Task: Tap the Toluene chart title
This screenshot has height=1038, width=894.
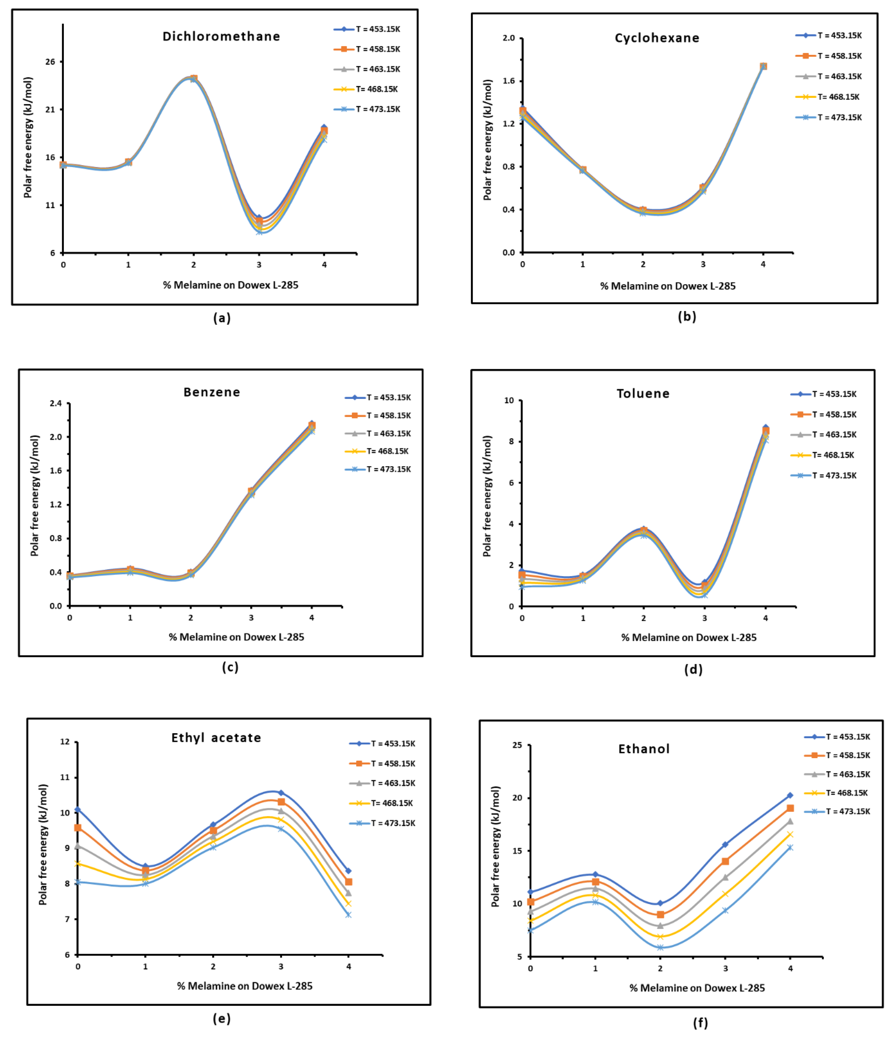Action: click(643, 394)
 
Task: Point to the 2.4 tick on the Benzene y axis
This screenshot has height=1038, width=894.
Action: click(56, 403)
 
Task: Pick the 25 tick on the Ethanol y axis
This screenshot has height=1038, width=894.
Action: click(517, 745)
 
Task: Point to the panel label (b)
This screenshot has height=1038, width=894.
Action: click(687, 317)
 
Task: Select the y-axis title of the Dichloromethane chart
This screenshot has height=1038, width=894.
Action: click(28, 137)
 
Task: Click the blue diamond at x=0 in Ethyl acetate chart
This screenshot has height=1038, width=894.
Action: click(78, 810)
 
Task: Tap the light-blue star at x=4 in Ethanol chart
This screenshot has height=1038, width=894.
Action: click(790, 848)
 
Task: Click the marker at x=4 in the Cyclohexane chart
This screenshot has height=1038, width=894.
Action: click(763, 66)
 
